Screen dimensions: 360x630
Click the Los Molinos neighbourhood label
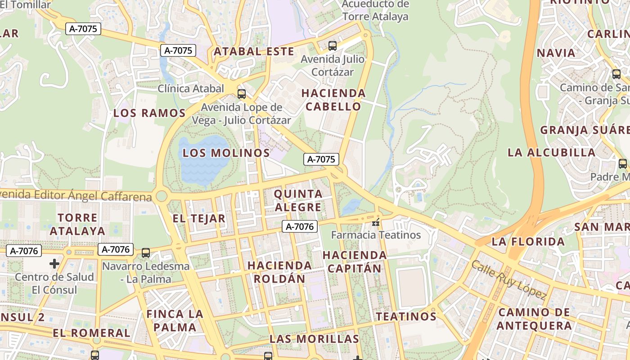(x=226, y=153)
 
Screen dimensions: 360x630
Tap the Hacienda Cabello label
(x=333, y=100)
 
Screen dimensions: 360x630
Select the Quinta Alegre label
(x=298, y=201)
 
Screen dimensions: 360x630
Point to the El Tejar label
(x=199, y=219)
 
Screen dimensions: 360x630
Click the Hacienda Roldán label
(x=279, y=272)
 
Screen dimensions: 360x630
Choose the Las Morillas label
(x=314, y=339)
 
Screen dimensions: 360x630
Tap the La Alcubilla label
(x=551, y=152)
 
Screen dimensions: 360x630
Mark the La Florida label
(x=528, y=242)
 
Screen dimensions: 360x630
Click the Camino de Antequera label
(x=535, y=319)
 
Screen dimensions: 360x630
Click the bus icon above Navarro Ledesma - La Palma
(x=146, y=253)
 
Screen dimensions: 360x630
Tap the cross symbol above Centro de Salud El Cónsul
(x=54, y=263)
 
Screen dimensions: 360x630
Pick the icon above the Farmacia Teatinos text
(x=376, y=222)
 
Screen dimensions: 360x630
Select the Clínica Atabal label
(x=191, y=88)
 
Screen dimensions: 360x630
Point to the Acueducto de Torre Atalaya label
(x=375, y=10)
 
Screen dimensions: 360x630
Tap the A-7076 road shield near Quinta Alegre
(x=300, y=227)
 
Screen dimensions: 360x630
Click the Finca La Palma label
(x=175, y=320)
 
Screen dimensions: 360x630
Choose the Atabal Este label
(x=254, y=51)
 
